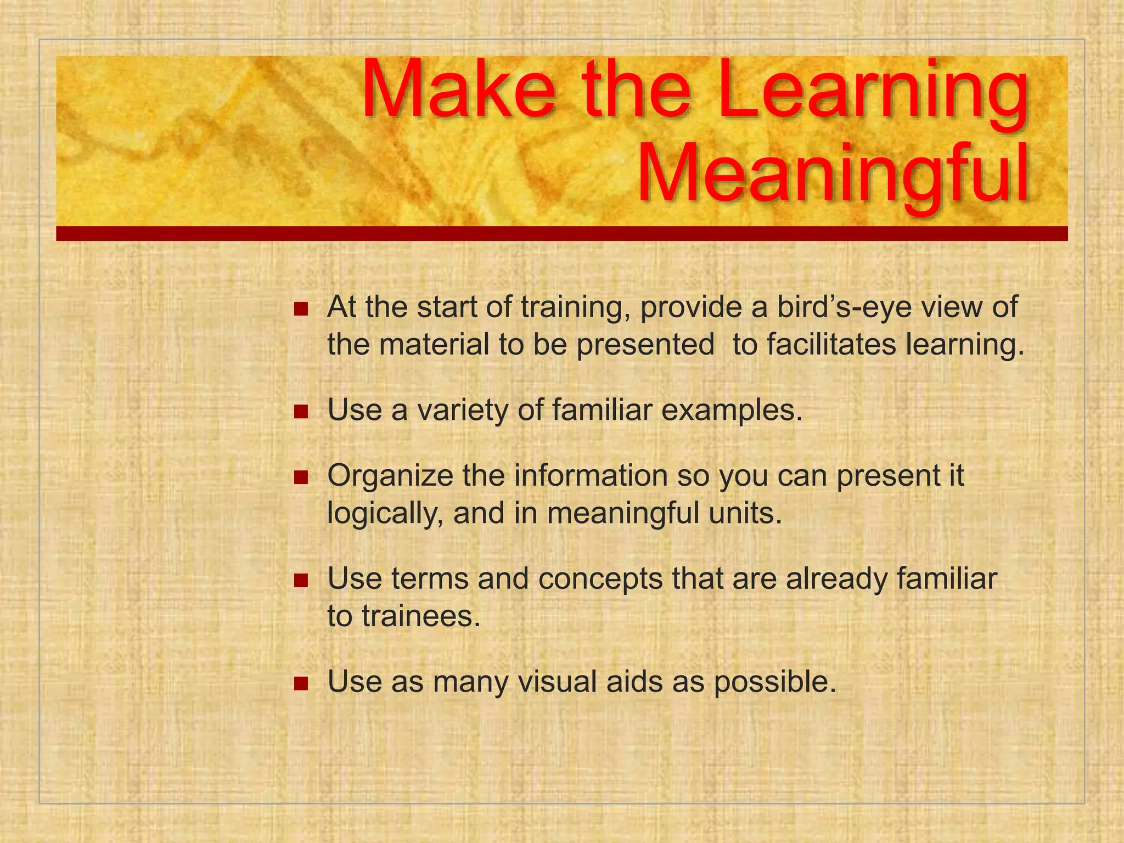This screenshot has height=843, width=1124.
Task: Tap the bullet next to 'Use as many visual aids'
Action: (301, 683)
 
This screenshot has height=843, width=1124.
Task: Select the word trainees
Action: (420, 617)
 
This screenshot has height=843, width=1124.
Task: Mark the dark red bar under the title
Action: (561, 234)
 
